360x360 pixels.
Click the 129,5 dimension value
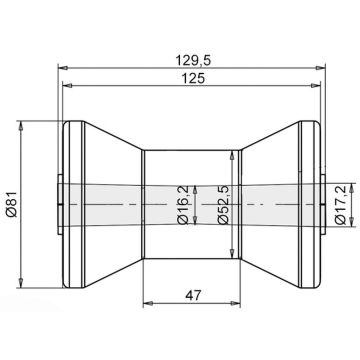(x=193, y=60)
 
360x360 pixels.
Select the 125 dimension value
(x=193, y=78)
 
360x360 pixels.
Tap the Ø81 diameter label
(x=12, y=204)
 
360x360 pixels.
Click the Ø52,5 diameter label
(x=223, y=204)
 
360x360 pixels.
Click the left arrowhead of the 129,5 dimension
(x=63, y=68)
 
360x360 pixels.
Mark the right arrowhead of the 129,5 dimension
(x=320, y=68)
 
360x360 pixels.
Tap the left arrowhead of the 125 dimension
(x=68, y=86)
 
